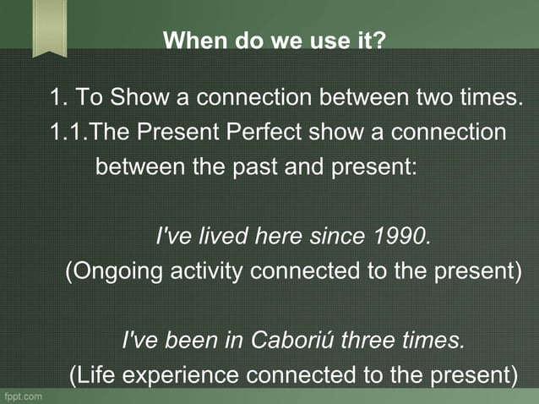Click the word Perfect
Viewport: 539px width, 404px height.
click(x=262, y=132)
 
